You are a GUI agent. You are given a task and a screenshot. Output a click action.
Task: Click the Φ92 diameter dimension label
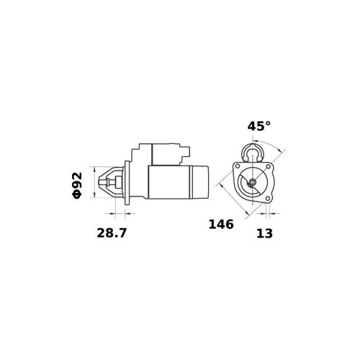pyautogui.click(x=77, y=186)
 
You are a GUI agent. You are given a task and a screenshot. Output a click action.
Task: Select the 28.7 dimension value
pyautogui.click(x=112, y=233)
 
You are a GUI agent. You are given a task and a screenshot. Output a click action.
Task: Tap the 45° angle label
pyautogui.click(x=259, y=126)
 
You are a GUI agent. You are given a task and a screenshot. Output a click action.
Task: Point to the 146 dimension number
pyautogui.click(x=221, y=225)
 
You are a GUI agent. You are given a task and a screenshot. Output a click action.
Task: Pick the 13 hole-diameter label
pyautogui.click(x=265, y=233)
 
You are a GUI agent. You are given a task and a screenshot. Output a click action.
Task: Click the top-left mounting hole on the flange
pyautogui.click(x=238, y=166)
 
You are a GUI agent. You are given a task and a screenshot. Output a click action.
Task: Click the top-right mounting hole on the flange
pyautogui.click(x=269, y=166)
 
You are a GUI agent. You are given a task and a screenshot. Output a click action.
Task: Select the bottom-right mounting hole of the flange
pyautogui.click(x=268, y=198)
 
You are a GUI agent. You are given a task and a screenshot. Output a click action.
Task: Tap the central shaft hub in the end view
pyautogui.click(x=253, y=182)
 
